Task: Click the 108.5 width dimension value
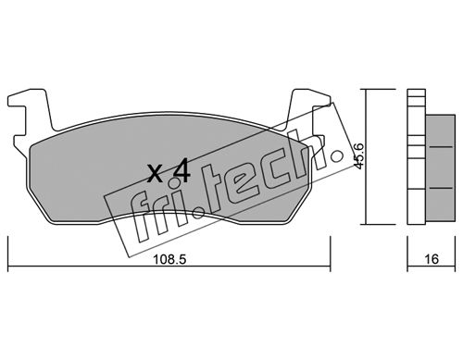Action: (x=169, y=259)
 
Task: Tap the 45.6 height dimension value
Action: (x=358, y=155)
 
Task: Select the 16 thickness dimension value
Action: (x=432, y=259)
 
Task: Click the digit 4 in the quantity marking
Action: (x=181, y=172)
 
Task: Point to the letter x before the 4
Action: (x=155, y=174)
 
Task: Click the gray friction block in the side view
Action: (x=441, y=168)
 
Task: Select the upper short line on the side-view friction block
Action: (x=441, y=147)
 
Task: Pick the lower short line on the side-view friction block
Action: (x=441, y=188)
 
